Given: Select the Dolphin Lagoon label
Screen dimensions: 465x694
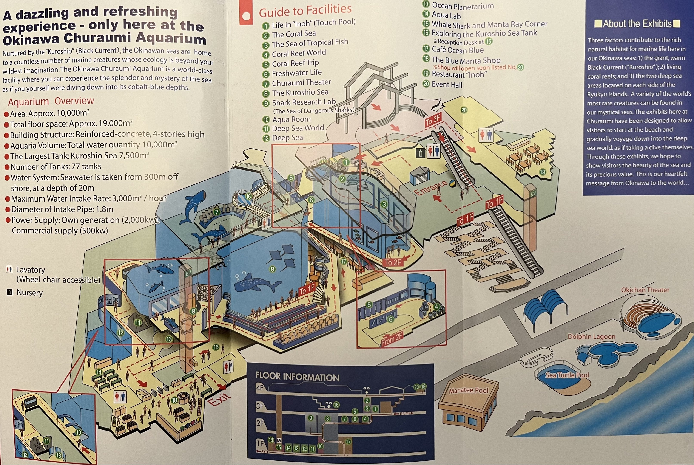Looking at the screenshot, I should [x=591, y=337].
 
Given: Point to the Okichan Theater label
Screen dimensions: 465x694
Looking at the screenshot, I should [x=645, y=290].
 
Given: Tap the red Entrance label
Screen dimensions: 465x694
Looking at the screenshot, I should [x=430, y=188].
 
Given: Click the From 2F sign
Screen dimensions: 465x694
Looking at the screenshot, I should [x=392, y=339].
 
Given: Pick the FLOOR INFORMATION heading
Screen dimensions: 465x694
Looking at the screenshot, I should [x=297, y=377].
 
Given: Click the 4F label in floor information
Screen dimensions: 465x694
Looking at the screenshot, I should [x=260, y=387].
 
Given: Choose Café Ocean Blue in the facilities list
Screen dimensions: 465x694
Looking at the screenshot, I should [x=458, y=50].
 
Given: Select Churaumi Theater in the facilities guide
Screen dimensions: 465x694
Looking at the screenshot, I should [x=301, y=82].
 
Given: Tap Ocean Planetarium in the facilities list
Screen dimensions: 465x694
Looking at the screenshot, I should [x=463, y=6].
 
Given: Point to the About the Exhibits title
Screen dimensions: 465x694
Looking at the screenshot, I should [x=637, y=24].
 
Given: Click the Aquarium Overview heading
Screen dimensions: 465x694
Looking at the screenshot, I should [x=51, y=101].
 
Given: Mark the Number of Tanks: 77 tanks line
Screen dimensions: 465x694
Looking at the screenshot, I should [x=56, y=167].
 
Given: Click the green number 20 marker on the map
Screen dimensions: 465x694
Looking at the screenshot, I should [x=464, y=110].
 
